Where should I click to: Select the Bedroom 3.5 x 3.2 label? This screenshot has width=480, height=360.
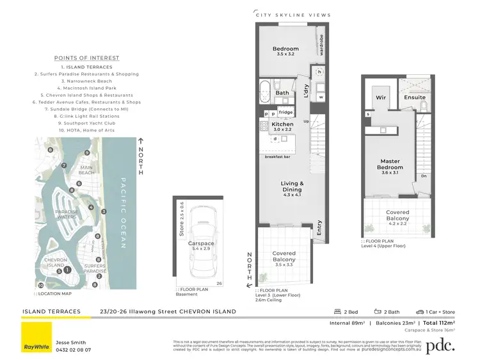pos(285,52)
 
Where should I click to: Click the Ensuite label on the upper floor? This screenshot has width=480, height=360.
pos(415,97)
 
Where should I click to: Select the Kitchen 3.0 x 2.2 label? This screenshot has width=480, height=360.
pos(282,127)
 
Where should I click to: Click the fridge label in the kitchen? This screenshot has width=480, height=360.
pos(285,113)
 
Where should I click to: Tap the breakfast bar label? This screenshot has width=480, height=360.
pos(276,157)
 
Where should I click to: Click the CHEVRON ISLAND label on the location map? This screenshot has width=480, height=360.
pos(54,263)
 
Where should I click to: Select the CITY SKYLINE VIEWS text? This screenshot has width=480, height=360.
pos(293,15)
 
